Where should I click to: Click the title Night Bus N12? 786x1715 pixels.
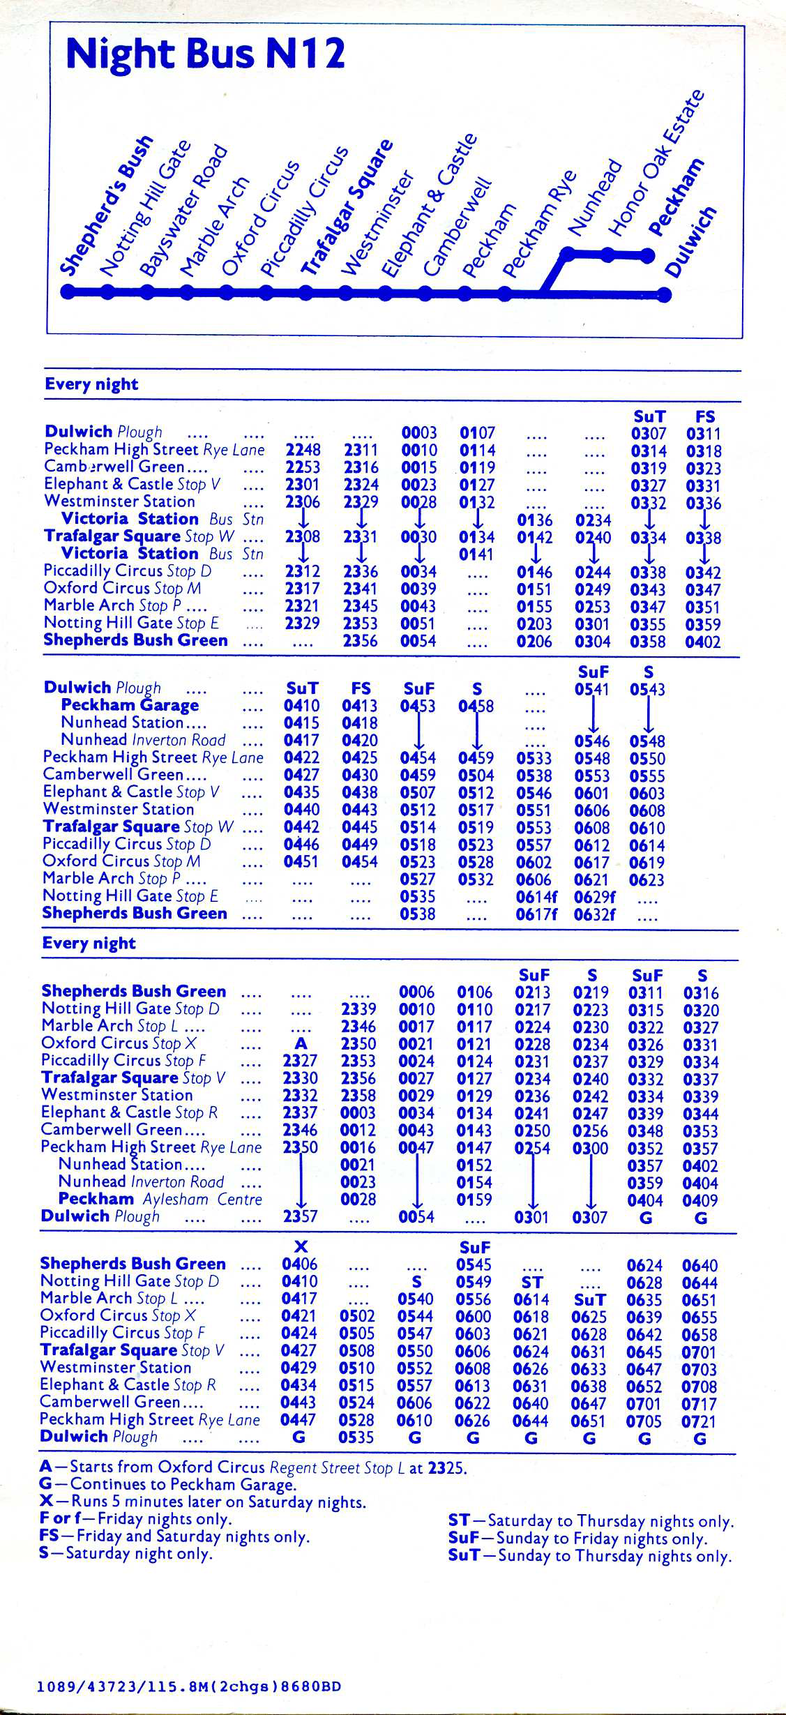(x=205, y=54)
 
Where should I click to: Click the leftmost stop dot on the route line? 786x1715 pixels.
(x=68, y=293)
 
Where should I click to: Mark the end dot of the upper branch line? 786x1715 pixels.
(x=649, y=255)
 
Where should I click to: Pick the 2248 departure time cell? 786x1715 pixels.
(x=303, y=451)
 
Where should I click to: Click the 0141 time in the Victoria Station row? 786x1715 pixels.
(x=477, y=555)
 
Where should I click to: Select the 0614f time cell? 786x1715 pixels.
(x=536, y=897)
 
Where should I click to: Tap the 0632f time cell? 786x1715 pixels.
(x=595, y=914)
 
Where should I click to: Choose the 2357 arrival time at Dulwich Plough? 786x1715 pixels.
(x=301, y=1217)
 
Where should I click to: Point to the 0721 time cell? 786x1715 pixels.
(x=699, y=1421)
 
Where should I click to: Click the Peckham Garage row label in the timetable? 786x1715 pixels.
(x=130, y=705)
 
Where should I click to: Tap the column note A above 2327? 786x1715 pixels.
(x=301, y=1044)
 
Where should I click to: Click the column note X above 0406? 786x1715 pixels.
(x=301, y=1247)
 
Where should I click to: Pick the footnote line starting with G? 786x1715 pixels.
(x=168, y=1485)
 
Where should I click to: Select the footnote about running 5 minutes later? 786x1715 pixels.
(x=203, y=1502)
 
